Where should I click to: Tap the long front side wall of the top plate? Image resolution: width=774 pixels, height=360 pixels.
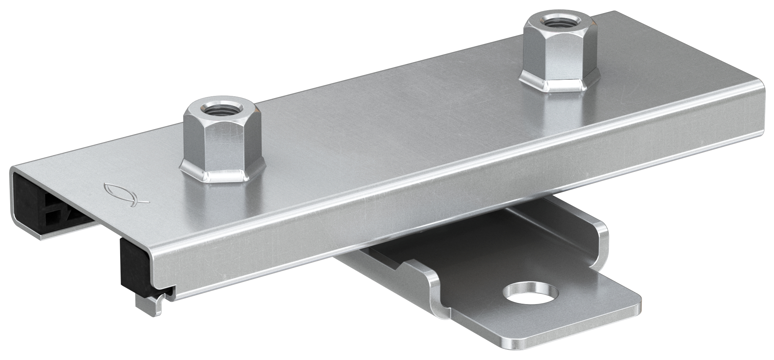[416, 212]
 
